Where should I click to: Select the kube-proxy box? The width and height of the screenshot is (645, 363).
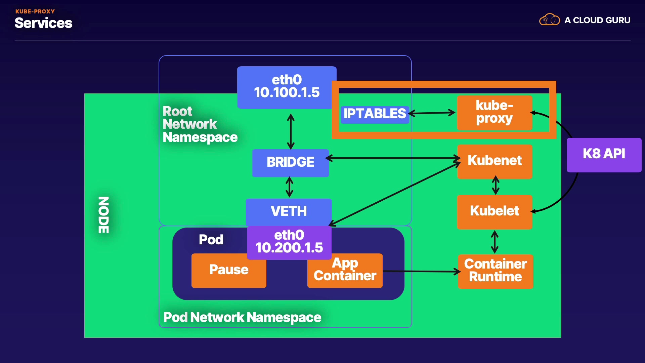[494, 113]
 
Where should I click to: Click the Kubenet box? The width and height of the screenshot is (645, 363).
[494, 161]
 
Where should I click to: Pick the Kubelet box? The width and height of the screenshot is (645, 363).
[494, 211]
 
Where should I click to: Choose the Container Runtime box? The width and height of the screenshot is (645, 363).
[496, 271]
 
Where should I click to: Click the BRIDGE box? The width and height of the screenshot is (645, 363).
[290, 163]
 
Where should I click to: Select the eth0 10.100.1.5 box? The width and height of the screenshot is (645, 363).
[287, 87]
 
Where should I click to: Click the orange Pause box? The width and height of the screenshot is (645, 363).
[229, 270]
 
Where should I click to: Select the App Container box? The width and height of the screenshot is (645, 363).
[345, 271]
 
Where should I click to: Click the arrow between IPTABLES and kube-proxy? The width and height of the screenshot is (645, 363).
[432, 113]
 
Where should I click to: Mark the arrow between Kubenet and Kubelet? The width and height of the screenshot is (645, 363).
[496, 185]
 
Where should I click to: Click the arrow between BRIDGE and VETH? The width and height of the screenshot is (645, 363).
[289, 187]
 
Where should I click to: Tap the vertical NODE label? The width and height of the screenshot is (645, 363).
[103, 215]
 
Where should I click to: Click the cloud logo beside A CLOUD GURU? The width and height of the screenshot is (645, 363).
[549, 20]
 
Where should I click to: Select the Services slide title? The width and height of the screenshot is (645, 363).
[43, 23]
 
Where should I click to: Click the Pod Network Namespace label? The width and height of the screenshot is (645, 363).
[242, 318]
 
